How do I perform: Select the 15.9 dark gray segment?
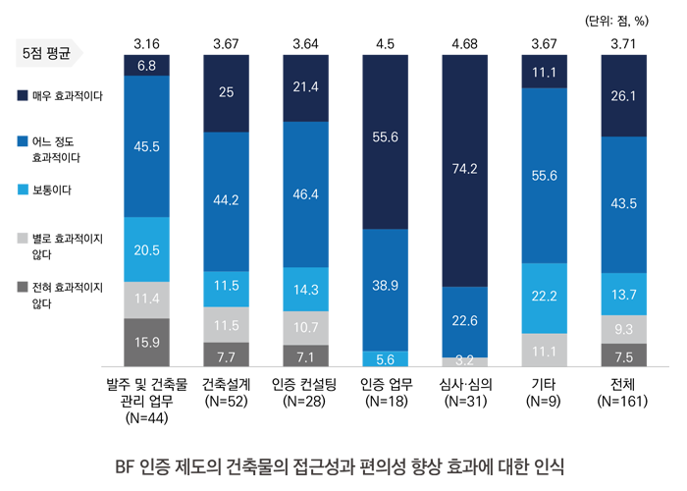(146, 342)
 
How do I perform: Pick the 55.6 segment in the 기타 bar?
(546, 176)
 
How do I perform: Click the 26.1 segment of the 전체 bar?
(626, 95)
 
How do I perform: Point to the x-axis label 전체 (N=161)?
(626, 392)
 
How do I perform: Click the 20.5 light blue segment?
(146, 249)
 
